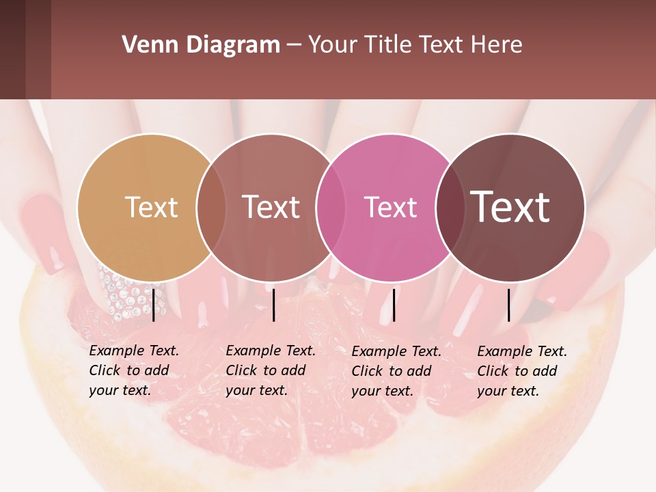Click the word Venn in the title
(x=146, y=45)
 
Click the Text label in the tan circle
(x=151, y=207)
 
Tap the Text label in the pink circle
(x=390, y=207)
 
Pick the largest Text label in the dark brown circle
(x=510, y=207)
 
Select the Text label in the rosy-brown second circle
(x=271, y=207)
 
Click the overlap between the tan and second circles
(x=210, y=207)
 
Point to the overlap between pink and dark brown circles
(x=450, y=207)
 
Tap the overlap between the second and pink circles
(x=330, y=207)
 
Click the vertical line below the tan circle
(x=154, y=305)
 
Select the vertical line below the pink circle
(x=394, y=305)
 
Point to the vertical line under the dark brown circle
(x=509, y=305)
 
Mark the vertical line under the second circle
(x=274, y=305)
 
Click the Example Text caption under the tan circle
(x=134, y=370)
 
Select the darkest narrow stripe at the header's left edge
(x=12, y=49)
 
